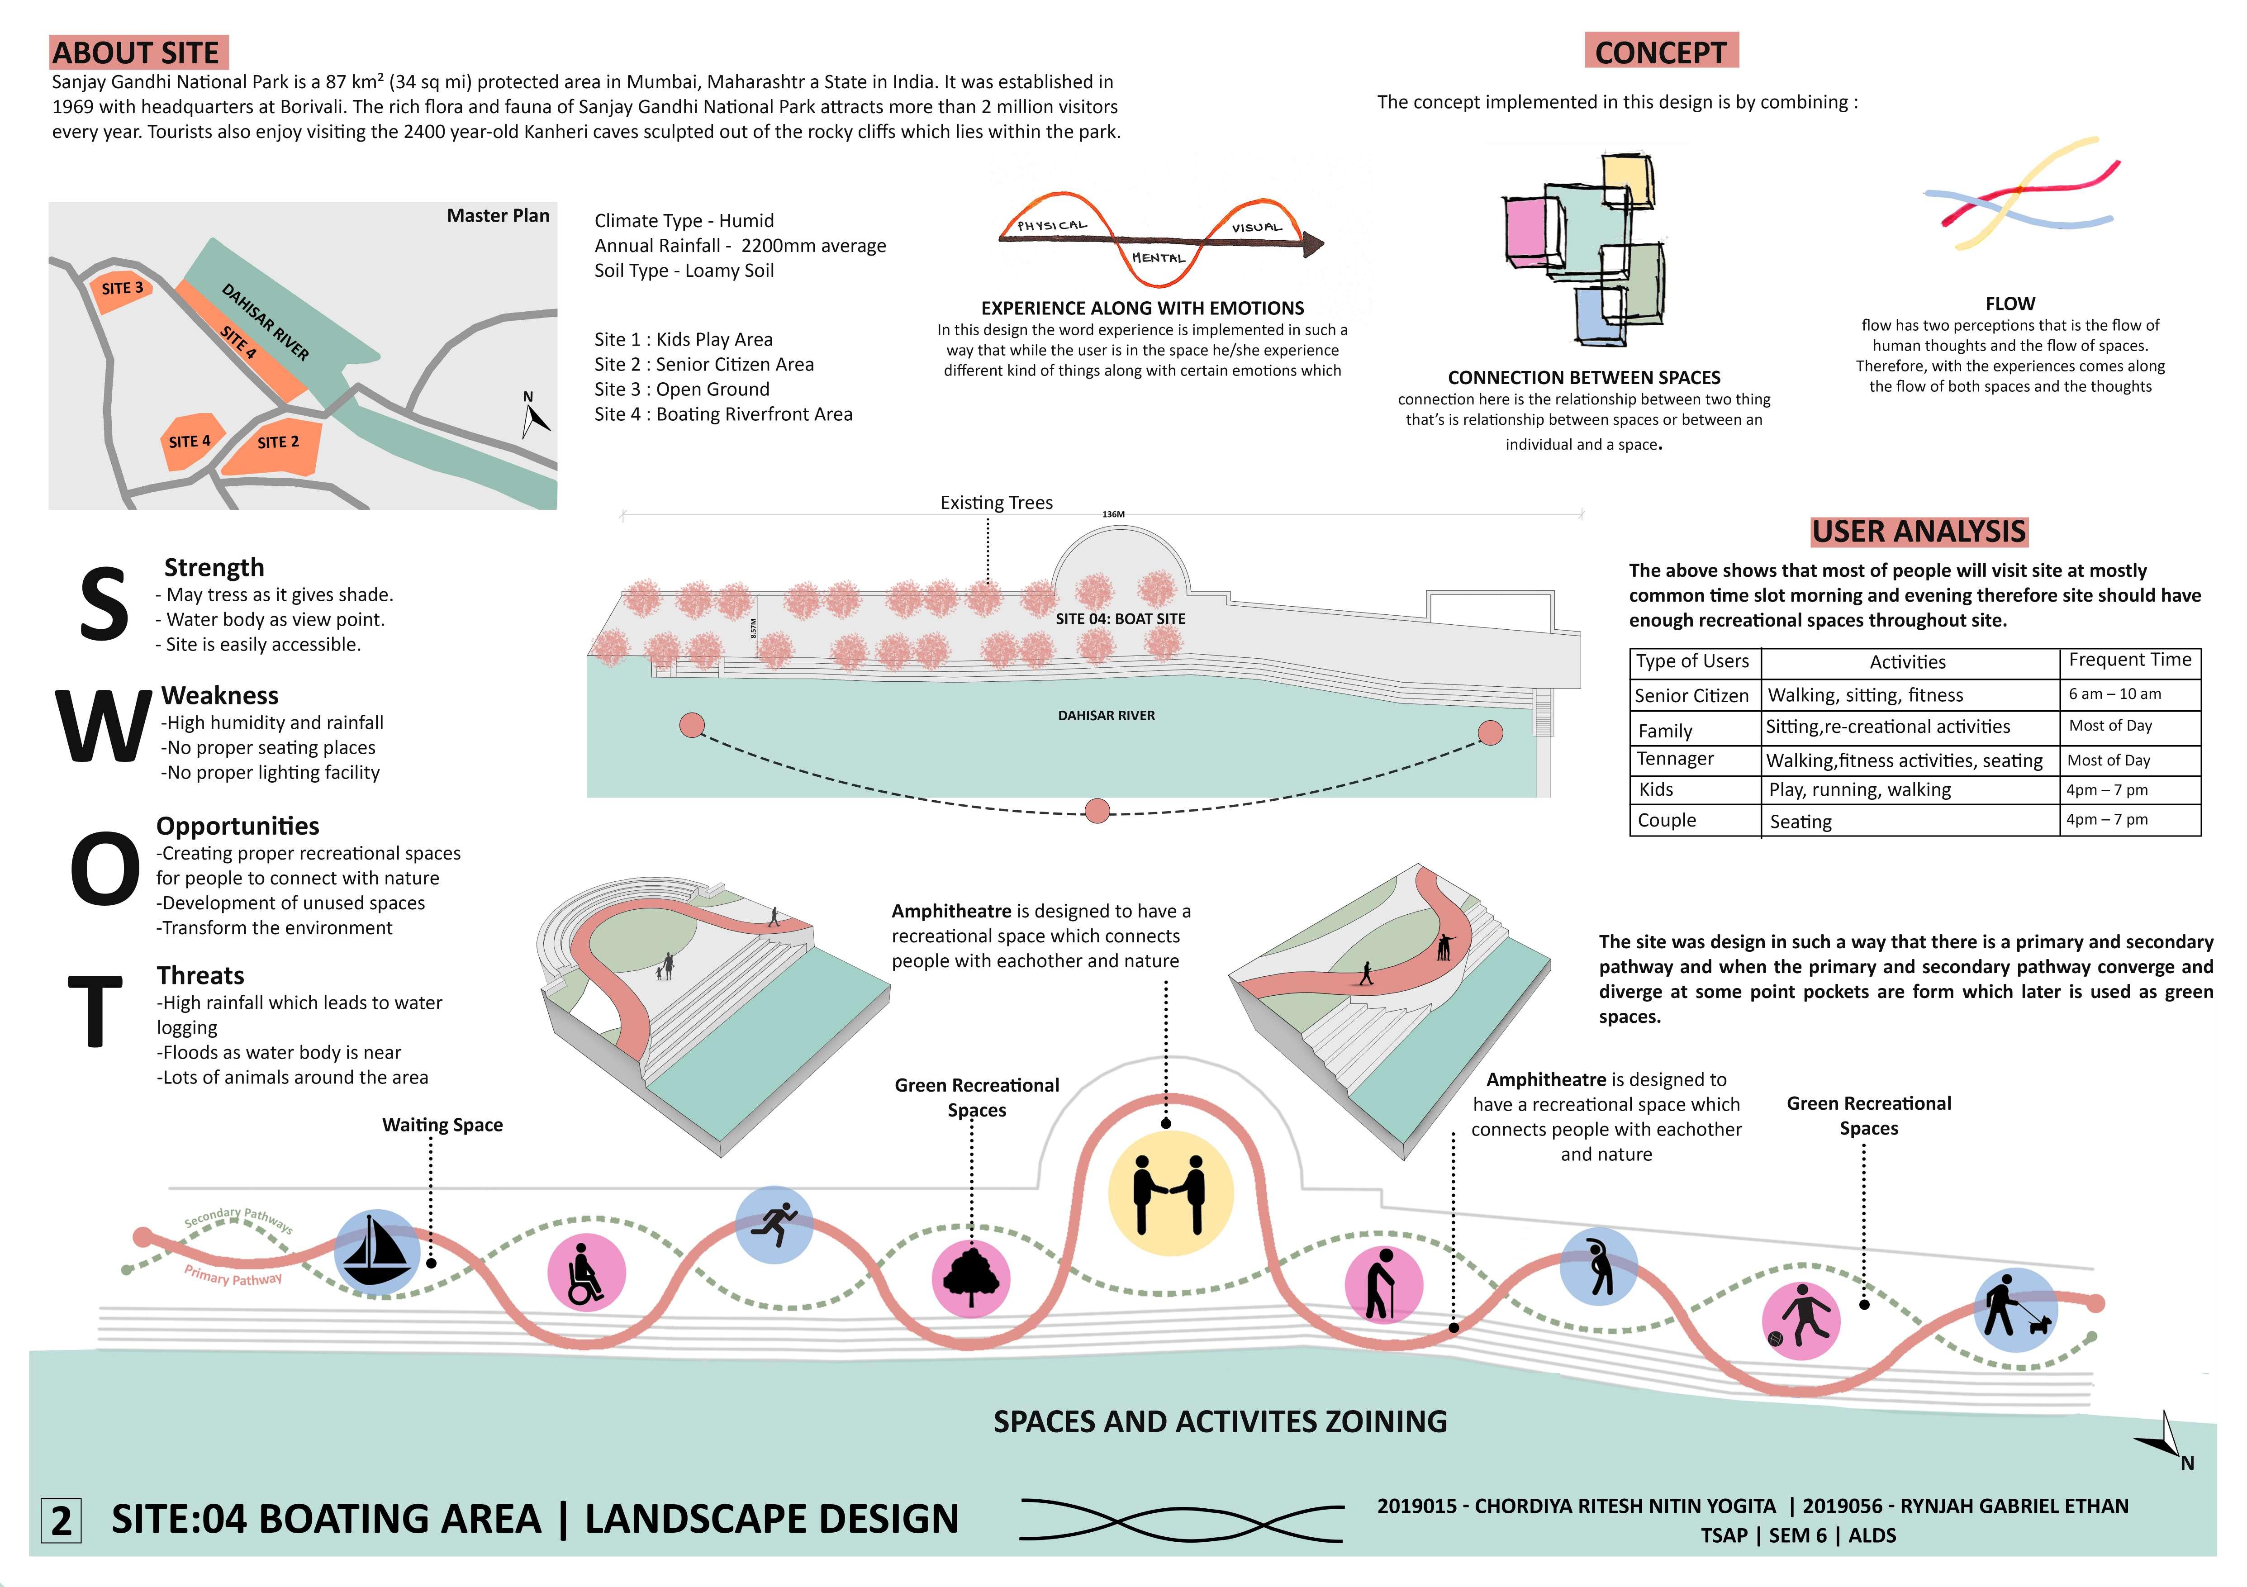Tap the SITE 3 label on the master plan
tap(122, 288)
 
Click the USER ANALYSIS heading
tap(1918, 531)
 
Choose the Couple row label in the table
tap(1667, 820)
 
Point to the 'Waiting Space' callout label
tap(442, 1125)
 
